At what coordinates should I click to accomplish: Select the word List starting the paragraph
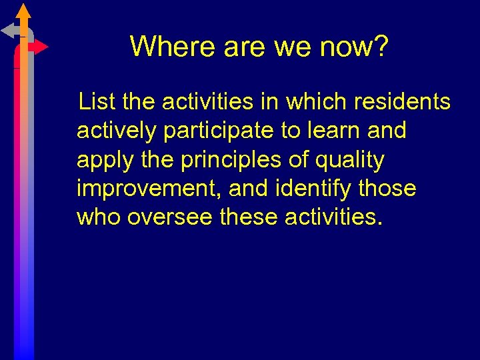pos(97,102)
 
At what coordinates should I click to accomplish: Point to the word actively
pos(117,131)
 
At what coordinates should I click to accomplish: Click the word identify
pos(315,189)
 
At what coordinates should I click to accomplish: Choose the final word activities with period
pos(334,218)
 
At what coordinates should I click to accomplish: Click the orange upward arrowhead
pos(23,10)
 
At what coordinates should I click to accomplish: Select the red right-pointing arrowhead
pos(41,47)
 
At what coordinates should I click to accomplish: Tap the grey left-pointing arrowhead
pos(8,30)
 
